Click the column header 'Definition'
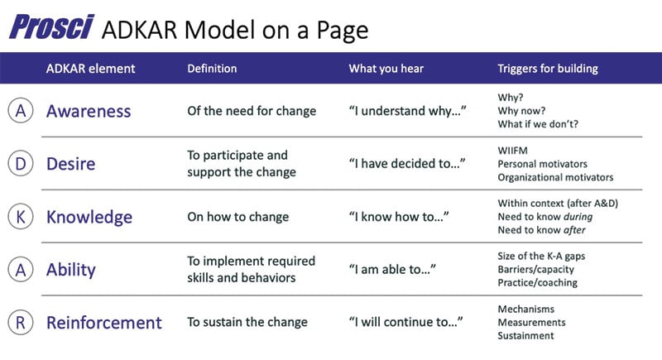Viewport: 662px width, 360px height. tap(212, 69)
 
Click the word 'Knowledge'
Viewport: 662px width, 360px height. tap(89, 217)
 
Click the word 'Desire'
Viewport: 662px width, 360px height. tap(70, 164)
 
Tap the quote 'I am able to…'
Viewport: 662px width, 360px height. tap(391, 270)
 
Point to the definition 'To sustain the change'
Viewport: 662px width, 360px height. tap(247, 322)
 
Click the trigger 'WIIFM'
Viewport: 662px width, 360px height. tap(514, 150)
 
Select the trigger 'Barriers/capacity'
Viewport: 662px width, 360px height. tap(536, 269)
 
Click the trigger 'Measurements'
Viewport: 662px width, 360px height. tap(531, 322)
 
